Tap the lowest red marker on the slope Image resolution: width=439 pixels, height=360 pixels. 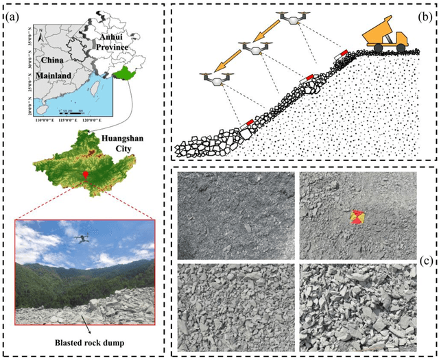pos(249,123)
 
